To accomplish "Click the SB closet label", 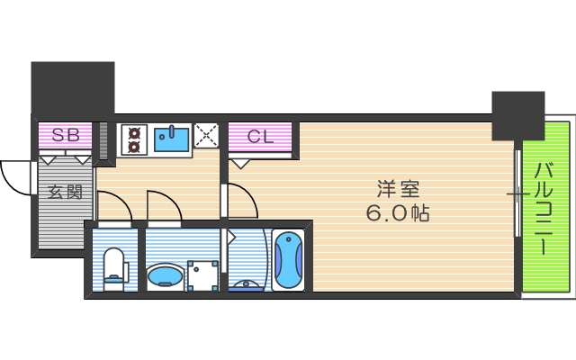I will pos(65,137).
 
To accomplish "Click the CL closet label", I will pos(260,138).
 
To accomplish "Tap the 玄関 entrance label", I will pos(65,192).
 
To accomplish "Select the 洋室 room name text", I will pos(398,190).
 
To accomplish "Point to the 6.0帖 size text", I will pos(397,214).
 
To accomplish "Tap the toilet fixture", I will pos(114,266).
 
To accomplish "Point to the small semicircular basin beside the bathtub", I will pos(245,285).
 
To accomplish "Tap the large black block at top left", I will pos(73,87).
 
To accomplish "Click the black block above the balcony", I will pos(517,115).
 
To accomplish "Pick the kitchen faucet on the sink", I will pos(166,132).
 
